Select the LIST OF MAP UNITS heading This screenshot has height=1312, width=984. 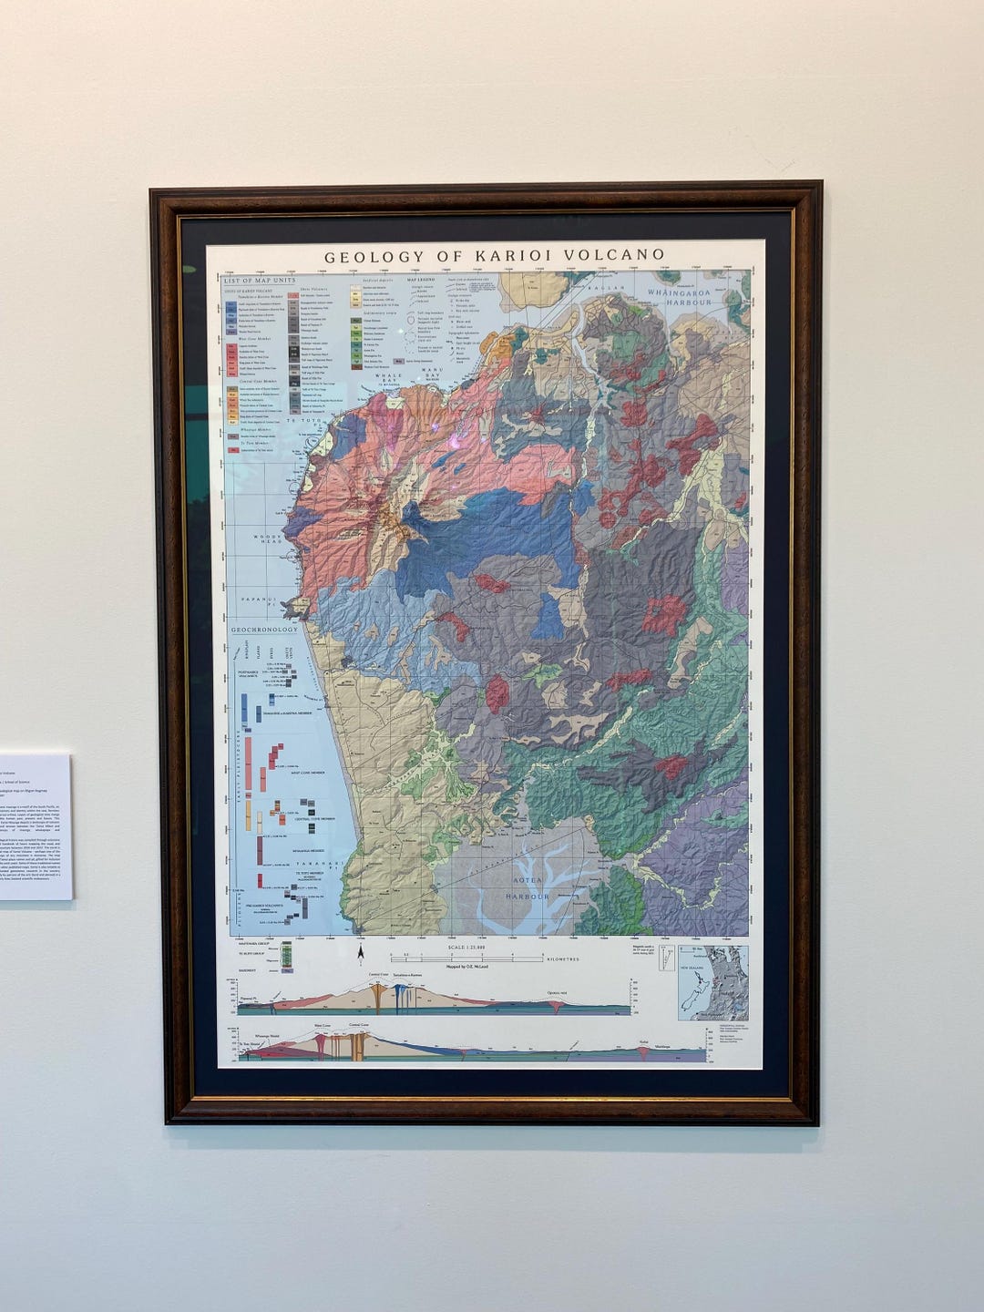[261, 281]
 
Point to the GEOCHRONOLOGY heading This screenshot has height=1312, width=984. [264, 630]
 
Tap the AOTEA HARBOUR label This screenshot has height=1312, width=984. [529, 888]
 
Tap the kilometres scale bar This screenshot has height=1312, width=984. [466, 958]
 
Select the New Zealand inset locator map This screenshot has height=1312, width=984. [712, 982]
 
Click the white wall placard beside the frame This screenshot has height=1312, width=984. [35, 825]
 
